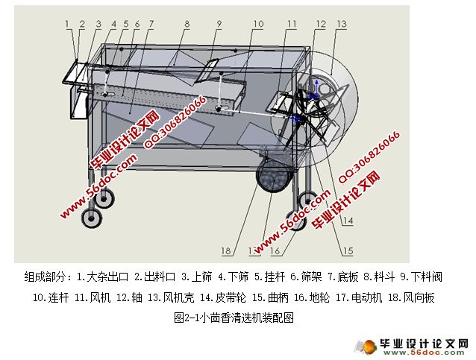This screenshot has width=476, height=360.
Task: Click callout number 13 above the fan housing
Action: [341, 25]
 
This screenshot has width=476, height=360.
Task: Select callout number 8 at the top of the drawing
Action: [186, 25]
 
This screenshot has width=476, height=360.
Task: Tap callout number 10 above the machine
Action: [257, 25]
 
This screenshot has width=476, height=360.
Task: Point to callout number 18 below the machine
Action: [226, 250]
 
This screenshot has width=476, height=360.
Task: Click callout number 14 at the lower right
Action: [348, 221]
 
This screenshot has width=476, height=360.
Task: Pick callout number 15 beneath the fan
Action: [348, 250]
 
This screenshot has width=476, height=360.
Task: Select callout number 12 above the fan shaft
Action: [320, 25]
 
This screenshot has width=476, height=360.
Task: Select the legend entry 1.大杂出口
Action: [104, 277]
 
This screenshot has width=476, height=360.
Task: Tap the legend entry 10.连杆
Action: [51, 297]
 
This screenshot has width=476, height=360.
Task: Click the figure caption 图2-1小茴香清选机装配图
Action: [234, 317]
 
